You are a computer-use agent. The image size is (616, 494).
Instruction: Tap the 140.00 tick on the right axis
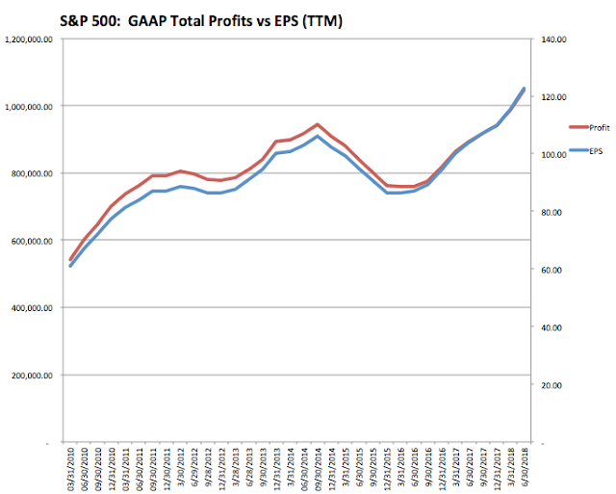click(563, 39)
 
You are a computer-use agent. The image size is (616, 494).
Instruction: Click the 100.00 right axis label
click(563, 154)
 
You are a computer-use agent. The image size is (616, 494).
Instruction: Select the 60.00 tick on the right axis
click(564, 270)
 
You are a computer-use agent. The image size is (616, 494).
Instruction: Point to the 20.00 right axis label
click(564, 385)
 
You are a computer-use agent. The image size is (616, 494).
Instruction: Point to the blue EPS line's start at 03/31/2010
click(70, 265)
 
